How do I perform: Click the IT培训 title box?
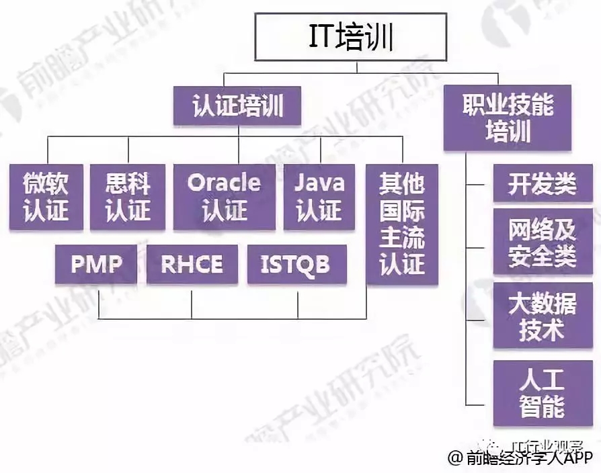[x=356, y=38]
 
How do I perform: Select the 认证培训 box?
[x=237, y=105]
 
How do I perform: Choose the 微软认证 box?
[x=46, y=197]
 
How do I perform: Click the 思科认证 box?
[x=128, y=197]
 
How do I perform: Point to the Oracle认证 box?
[x=224, y=197]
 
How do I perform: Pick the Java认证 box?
[x=319, y=197]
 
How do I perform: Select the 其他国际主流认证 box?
[x=402, y=224]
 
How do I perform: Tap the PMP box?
[x=96, y=264]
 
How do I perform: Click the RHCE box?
[x=192, y=264]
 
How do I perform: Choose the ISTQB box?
[x=297, y=264]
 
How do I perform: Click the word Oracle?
[x=224, y=182]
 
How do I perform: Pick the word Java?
[x=319, y=182]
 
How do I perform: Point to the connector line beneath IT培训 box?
[x=356, y=67]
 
